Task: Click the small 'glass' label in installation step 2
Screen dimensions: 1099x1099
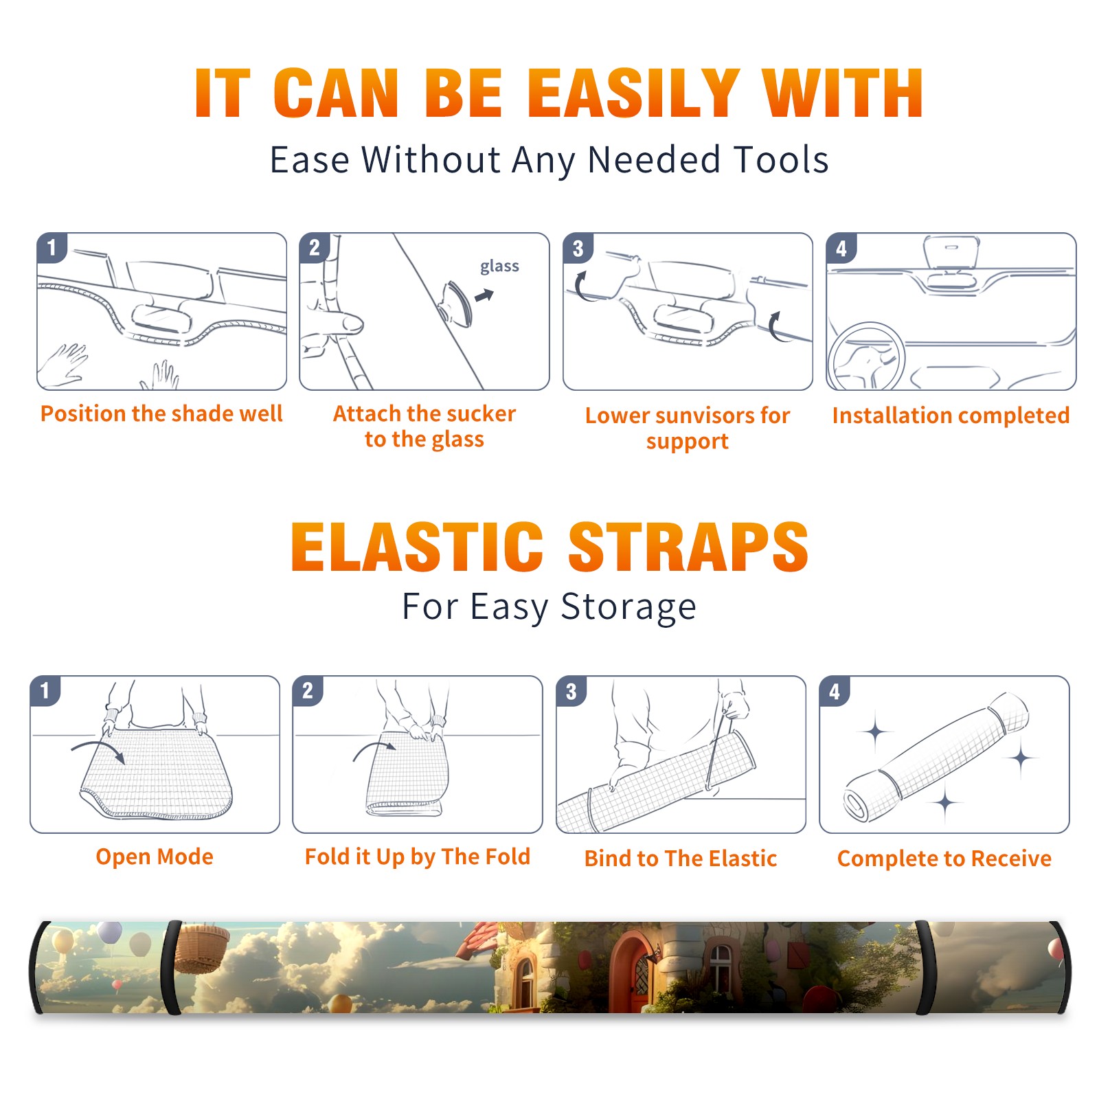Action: (499, 267)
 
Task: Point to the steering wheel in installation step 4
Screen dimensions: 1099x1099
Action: (865, 356)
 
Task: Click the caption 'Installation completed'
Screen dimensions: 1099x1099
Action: (951, 415)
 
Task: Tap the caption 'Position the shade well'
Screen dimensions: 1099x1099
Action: (161, 413)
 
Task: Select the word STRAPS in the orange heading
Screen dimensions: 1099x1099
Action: (688, 547)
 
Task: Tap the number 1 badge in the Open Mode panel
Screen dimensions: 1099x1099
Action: (45, 691)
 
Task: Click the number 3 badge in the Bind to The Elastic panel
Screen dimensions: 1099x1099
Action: (571, 691)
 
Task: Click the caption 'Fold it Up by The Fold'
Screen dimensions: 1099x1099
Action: (418, 857)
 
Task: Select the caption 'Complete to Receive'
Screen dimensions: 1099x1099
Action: (944, 859)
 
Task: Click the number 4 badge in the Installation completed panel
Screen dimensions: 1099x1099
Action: (841, 248)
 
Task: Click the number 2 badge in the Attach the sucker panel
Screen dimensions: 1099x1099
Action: (315, 248)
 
